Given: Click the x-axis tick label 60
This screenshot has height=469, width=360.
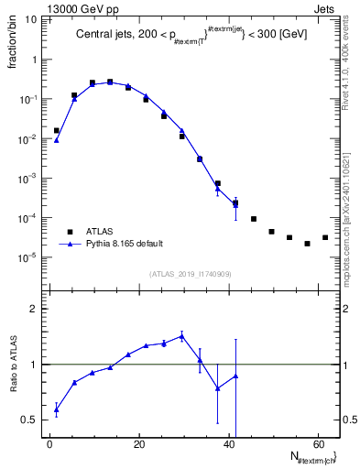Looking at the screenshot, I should [317, 444].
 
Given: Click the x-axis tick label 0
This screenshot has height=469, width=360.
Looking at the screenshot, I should [49, 444].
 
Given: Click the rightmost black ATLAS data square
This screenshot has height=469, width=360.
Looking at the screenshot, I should [325, 237].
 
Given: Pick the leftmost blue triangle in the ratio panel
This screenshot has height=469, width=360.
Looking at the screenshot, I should [56, 410].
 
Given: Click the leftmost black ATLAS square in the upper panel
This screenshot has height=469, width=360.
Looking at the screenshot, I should [56, 131].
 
